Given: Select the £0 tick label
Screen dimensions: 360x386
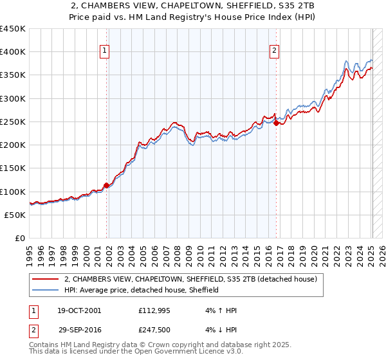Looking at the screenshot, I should pyautogui.click(x=19, y=239).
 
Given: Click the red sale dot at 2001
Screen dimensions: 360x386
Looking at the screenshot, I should pyautogui.click(x=107, y=186).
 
